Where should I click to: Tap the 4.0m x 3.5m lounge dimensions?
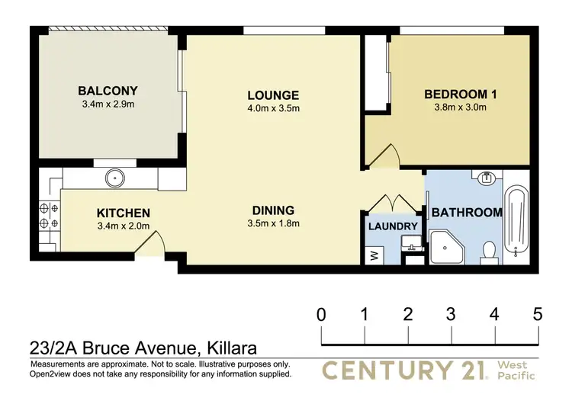click(x=273, y=108)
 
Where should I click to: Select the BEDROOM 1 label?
click(x=461, y=95)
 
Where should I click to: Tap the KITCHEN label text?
click(x=123, y=213)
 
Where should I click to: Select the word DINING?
click(x=273, y=210)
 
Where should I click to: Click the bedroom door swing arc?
click(x=384, y=156)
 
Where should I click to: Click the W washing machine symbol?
click(x=374, y=255)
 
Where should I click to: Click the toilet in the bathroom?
click(x=490, y=251)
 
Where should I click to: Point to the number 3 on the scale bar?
click(x=451, y=313)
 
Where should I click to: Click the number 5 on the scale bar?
click(x=538, y=313)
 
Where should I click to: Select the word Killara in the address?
click(x=228, y=350)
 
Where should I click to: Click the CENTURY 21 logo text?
click(x=404, y=371)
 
